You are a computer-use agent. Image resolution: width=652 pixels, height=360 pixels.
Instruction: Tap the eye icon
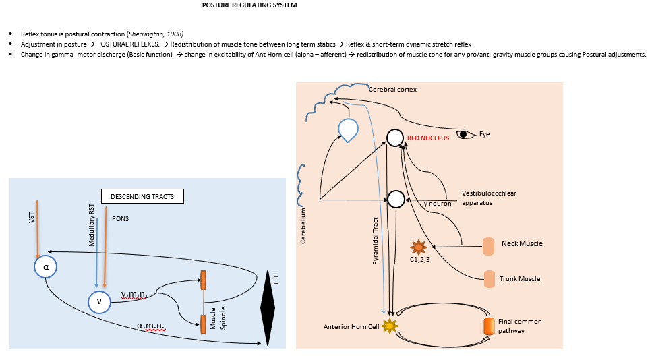465,134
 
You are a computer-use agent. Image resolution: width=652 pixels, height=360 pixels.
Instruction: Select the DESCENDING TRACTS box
142,197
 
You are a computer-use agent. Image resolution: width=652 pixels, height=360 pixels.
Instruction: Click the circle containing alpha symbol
45,267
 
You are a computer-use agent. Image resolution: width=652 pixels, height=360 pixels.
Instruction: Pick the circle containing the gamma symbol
99,302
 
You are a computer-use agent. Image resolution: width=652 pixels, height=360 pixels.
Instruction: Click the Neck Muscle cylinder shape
488,246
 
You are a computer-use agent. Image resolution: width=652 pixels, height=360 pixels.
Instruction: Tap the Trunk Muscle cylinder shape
489,278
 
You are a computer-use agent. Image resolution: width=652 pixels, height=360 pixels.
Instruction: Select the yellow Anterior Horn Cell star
388,326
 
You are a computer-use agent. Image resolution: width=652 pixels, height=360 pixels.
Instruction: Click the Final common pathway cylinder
488,326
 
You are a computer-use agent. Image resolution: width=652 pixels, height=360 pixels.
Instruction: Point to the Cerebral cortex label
392,89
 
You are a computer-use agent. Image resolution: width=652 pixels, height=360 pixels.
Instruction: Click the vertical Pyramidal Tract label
375,240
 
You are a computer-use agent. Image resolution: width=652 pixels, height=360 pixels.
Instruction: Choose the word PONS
120,219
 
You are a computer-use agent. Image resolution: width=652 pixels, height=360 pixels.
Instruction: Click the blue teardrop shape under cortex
349,129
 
